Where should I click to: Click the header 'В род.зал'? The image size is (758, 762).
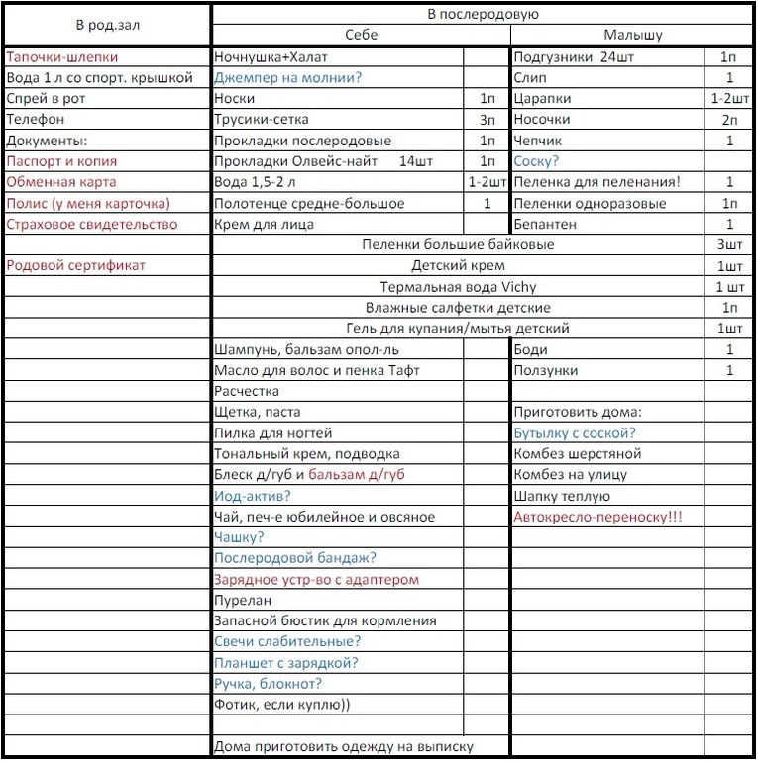click(x=106, y=24)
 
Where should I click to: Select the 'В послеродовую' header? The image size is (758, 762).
click(x=483, y=14)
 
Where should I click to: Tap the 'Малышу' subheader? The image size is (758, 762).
click(x=633, y=35)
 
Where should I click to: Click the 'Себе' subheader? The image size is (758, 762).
click(x=361, y=35)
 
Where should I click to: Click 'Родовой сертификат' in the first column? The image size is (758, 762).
click(x=75, y=265)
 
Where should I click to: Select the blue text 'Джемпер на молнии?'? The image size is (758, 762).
click(x=287, y=78)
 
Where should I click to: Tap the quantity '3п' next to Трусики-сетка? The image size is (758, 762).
click(x=487, y=120)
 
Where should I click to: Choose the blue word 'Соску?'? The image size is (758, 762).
click(x=536, y=161)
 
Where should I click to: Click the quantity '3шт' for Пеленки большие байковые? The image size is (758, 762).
click(x=729, y=245)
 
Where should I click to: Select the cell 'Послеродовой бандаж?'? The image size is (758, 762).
click(x=295, y=558)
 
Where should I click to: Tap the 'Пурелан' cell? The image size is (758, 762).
click(x=243, y=600)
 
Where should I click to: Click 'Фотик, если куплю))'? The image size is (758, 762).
click(x=281, y=705)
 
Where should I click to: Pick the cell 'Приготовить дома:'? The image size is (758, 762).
click(x=578, y=412)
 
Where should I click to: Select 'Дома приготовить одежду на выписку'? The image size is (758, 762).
click(x=344, y=746)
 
